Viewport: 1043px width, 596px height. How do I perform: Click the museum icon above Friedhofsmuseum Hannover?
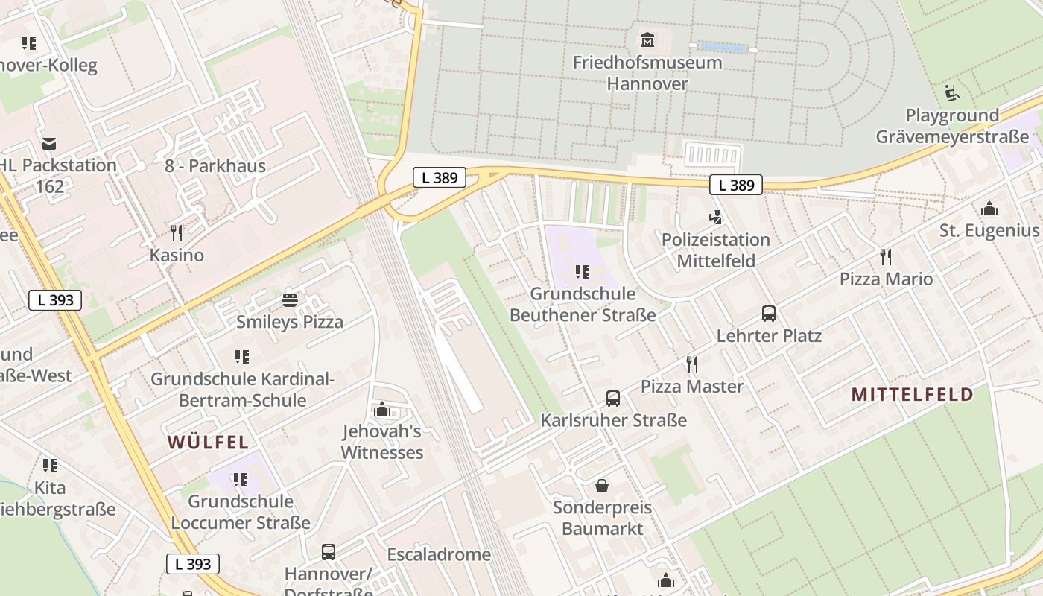647,39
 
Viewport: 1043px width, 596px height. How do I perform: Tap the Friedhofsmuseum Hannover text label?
647,72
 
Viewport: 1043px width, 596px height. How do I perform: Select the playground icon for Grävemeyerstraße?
951,93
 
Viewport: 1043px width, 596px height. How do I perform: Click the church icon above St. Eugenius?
989,209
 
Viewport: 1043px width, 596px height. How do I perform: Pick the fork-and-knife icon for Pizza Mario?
886,257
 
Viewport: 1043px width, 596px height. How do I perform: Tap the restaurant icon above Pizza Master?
692,364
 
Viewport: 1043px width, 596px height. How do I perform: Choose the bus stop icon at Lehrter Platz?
768,314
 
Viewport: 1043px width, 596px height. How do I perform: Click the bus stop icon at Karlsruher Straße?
613,399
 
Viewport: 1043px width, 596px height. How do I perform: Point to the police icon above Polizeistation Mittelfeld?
715,218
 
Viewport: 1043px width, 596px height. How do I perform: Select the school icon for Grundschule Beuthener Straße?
583,272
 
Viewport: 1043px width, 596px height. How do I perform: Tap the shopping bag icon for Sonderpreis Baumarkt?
602,486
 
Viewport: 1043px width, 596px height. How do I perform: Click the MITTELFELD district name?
912,394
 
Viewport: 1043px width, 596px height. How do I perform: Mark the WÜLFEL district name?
208,442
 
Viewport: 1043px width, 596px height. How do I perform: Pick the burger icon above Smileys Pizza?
290,300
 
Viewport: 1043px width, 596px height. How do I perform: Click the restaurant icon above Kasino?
177,233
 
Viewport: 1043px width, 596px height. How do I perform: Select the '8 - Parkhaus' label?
215,165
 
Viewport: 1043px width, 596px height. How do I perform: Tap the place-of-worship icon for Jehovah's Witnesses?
382,409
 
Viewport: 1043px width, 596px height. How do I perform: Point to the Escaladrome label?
439,554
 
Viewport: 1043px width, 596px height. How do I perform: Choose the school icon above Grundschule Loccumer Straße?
240,479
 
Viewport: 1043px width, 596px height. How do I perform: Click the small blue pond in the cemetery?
722,48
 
